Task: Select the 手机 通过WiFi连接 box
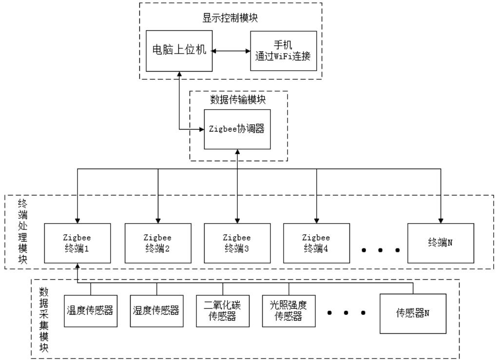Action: tap(283, 50)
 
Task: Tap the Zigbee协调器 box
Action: tap(237, 130)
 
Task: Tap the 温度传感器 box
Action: tap(90, 310)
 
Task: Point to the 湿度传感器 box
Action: tap(156, 310)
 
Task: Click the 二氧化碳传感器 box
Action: tap(223, 310)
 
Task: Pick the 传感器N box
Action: tap(413, 313)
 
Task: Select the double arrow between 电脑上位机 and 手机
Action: tap(232, 50)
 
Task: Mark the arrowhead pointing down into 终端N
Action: tap(441, 220)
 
